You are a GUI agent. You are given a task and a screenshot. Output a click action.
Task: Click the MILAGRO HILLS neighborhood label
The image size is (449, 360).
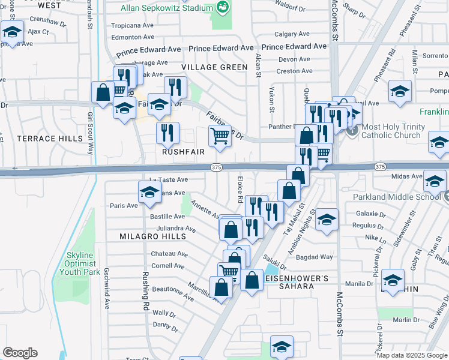coord(148,236)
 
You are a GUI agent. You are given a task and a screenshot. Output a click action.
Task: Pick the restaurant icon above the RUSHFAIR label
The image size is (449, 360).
coord(167,133)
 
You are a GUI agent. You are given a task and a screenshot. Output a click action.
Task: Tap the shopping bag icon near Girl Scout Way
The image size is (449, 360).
coord(103,92)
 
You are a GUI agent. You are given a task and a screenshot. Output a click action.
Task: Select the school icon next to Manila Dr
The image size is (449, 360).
coord(393,280)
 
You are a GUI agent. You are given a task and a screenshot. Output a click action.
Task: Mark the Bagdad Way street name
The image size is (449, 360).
coord(334,257)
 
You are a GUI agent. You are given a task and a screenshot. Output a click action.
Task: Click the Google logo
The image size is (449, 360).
coord(20,353)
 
